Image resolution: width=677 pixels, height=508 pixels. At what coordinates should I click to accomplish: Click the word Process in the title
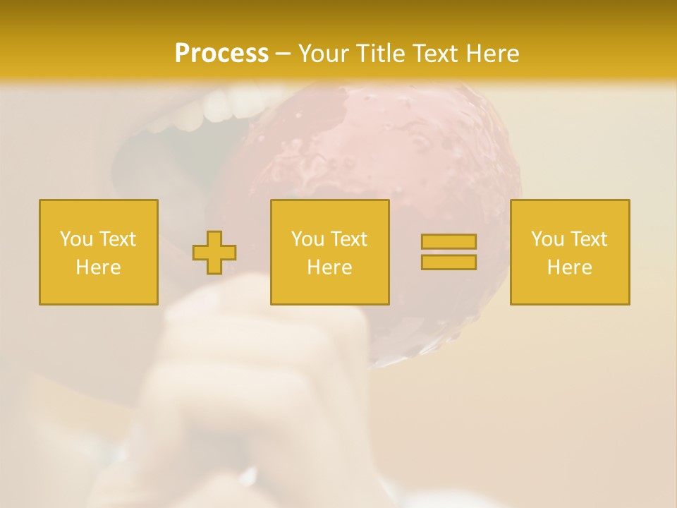(x=221, y=54)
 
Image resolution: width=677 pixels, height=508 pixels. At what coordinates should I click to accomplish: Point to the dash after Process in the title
(x=283, y=54)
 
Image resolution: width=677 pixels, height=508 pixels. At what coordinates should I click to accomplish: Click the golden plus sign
(x=214, y=253)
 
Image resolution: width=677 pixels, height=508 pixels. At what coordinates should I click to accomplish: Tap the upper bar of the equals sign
(x=449, y=242)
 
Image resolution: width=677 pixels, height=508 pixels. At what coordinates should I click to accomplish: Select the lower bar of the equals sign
(x=449, y=262)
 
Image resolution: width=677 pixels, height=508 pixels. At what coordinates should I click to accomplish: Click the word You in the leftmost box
(x=76, y=239)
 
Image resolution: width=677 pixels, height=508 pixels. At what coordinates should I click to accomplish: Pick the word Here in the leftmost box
(x=98, y=267)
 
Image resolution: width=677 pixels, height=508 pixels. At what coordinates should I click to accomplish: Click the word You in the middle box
(x=307, y=239)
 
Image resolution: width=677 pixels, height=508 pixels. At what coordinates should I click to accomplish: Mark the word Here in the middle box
(x=329, y=267)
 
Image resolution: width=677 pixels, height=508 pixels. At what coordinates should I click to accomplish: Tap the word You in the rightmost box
(x=547, y=239)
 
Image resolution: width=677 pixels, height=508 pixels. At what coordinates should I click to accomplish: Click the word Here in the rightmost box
(x=569, y=267)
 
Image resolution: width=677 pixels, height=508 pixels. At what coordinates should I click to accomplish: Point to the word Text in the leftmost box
(x=118, y=239)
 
